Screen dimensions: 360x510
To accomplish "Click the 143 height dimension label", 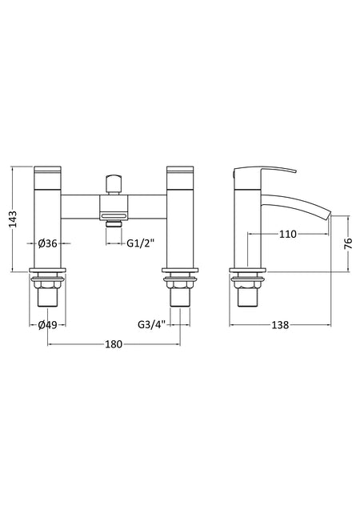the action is [x=12, y=219].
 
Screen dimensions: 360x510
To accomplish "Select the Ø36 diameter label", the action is [x=47, y=243].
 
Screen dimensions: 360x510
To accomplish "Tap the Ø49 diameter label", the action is [x=47, y=324].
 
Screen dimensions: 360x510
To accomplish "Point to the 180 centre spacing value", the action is [x=114, y=344].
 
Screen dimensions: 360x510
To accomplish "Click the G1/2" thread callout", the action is [x=140, y=243].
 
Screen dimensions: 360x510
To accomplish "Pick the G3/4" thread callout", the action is [x=152, y=324].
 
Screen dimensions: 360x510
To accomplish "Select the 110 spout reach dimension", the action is [x=288, y=234].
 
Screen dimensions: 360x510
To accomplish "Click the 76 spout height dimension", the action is [x=348, y=243].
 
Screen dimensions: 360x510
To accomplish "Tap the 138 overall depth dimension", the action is [x=280, y=325].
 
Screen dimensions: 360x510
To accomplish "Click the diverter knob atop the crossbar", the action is [x=114, y=185].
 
